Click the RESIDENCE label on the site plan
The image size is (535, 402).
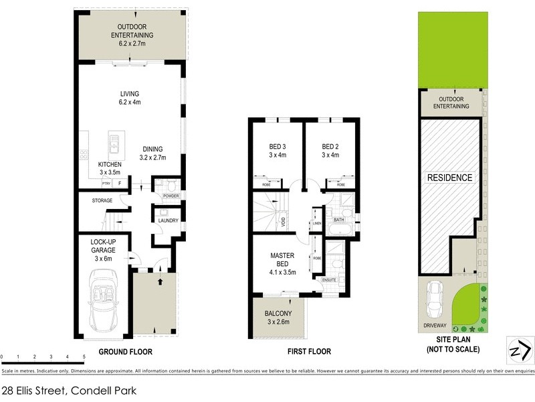pos(450,178)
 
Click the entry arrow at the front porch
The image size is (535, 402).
pos(159,281)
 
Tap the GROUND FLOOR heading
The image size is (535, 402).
pos(126,352)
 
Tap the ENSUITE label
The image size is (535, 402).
pos(330,279)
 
